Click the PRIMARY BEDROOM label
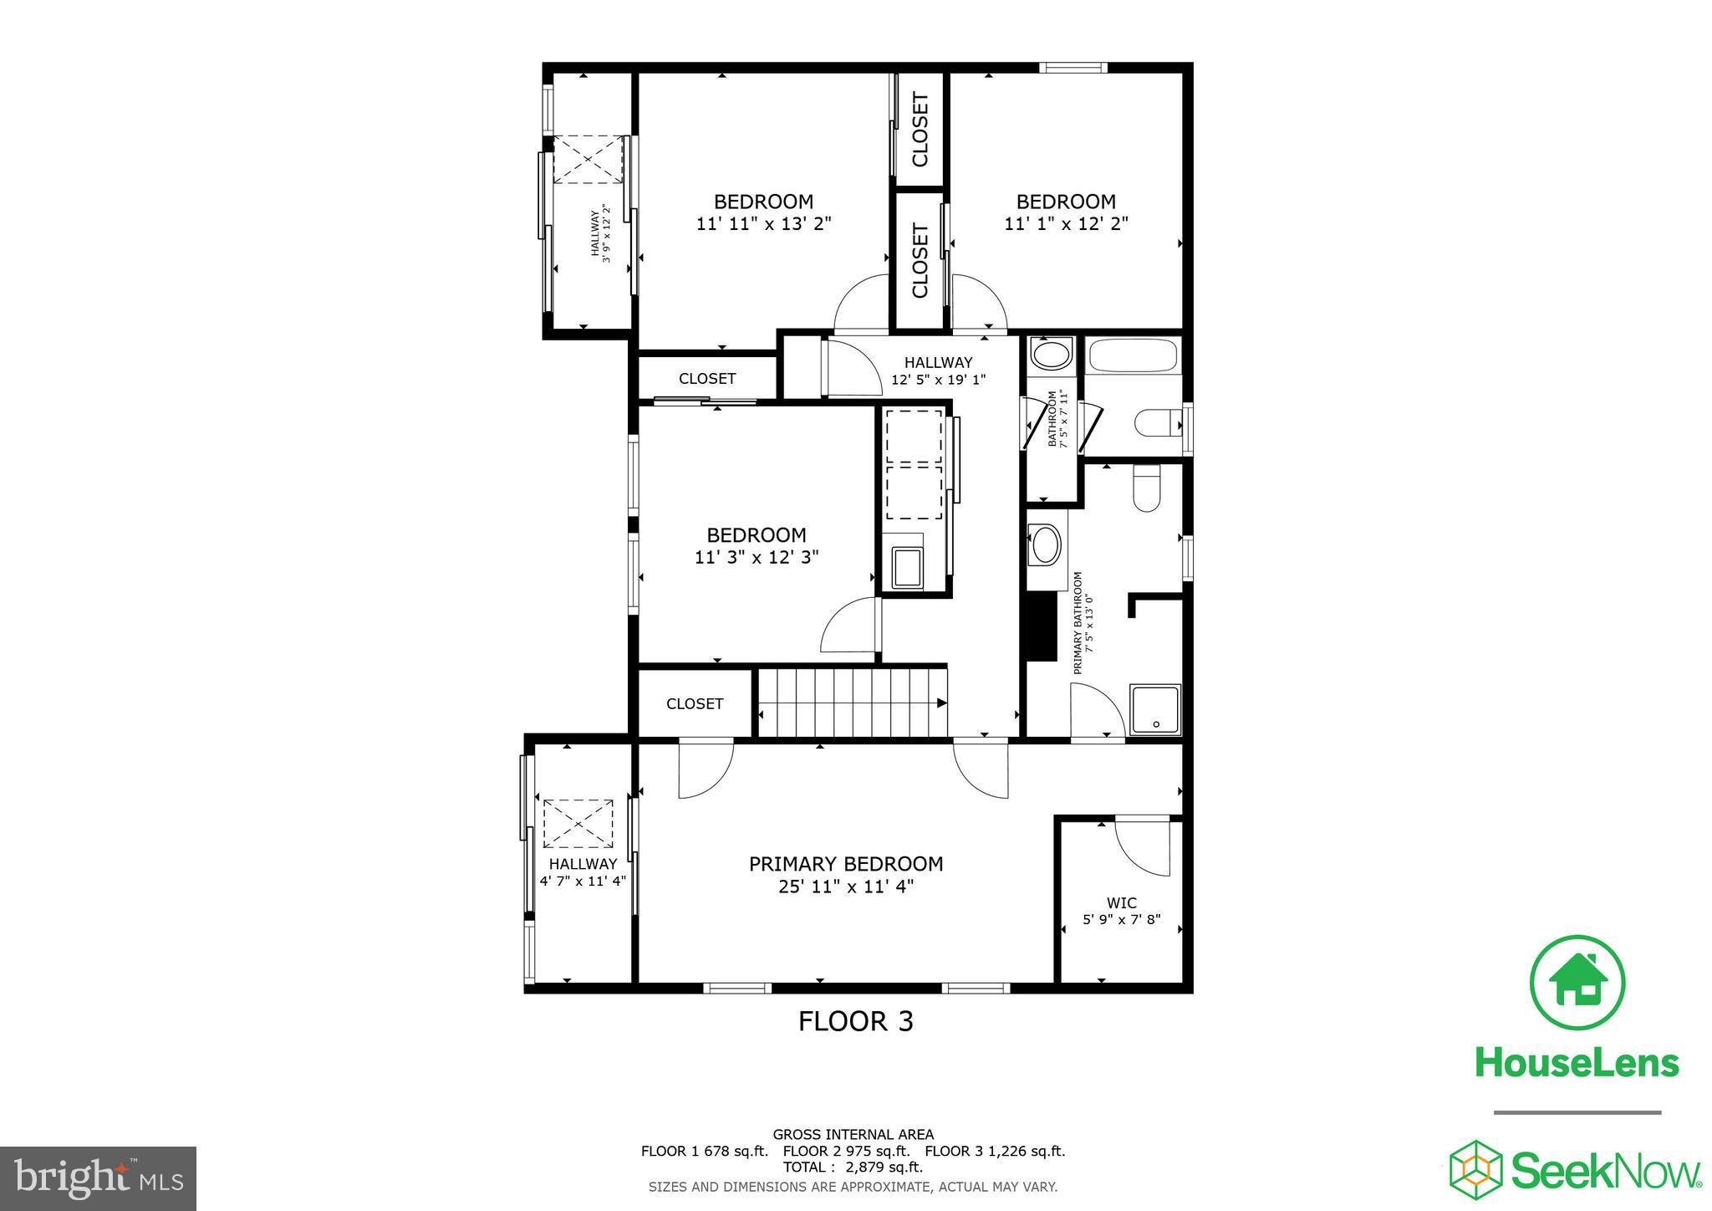845,864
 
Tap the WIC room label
1121,902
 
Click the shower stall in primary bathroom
1154,710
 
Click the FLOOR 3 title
855,1021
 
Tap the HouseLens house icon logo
1577,982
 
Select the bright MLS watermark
98,1178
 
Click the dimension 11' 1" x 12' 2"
1066,224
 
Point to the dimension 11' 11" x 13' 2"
763,224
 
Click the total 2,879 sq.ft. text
853,1167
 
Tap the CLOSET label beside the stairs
695,703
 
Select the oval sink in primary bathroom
1044,544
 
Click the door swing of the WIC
1140,848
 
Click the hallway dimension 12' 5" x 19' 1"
938,379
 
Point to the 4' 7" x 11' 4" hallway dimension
583,881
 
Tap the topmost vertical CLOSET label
920,130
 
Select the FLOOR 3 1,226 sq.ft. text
995,1151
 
